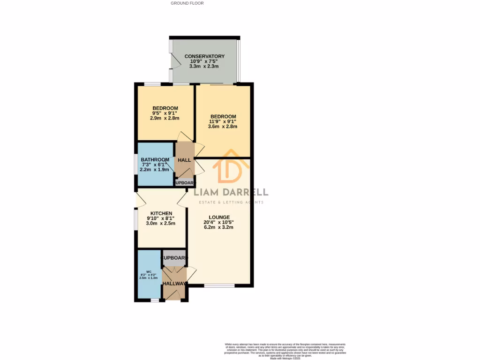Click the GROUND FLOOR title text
(187, 3)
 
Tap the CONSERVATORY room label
(204, 56)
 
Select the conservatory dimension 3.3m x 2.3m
(204, 67)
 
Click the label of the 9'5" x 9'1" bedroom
(165, 108)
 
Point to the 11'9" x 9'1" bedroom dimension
(223, 121)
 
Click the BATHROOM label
(155, 160)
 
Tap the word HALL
(184, 160)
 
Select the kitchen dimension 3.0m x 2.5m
(161, 224)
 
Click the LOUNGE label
(219, 217)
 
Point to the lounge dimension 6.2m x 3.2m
(218, 227)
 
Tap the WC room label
(149, 271)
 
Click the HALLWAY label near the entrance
(174, 284)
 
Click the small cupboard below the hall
(184, 183)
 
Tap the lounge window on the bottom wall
(219, 285)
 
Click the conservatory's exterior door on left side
(176, 60)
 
